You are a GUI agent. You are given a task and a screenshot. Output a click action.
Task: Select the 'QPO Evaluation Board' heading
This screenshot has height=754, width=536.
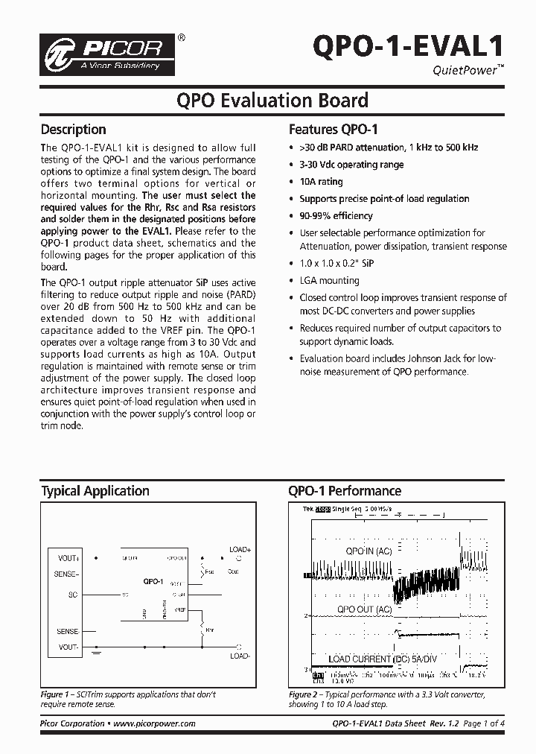[271, 100]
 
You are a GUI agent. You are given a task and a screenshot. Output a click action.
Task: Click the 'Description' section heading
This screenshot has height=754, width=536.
[73, 129]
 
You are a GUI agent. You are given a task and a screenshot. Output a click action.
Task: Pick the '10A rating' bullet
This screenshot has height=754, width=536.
[321, 181]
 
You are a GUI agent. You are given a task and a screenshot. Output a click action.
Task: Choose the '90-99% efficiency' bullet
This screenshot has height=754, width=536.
[336, 215]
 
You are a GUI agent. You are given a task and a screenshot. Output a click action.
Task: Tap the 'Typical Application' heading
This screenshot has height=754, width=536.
[95, 491]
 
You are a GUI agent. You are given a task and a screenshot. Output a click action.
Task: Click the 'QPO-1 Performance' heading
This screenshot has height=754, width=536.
[345, 491]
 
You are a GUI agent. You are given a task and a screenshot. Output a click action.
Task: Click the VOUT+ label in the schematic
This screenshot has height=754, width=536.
[68, 557]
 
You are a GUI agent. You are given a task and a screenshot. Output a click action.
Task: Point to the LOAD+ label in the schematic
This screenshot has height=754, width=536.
[240, 549]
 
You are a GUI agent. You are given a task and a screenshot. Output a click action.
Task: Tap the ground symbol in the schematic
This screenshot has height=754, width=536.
[98, 653]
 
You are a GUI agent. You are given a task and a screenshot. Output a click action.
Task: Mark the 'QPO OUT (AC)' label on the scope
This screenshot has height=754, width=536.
[364, 609]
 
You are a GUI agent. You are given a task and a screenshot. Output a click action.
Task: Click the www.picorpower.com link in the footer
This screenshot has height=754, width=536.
[156, 723]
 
